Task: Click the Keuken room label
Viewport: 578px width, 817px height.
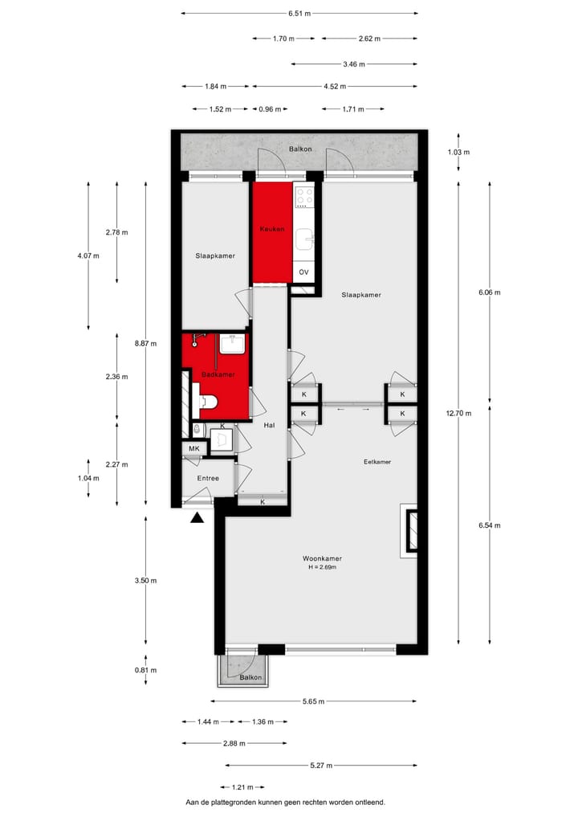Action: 272,230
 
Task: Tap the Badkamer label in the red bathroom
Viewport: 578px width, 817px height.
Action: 218,374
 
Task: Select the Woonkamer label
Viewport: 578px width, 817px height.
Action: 322,558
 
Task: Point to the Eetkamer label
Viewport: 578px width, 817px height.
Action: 377,462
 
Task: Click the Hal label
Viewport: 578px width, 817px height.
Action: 270,426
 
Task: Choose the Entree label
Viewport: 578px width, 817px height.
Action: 208,478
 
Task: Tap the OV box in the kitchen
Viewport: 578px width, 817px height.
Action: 303,272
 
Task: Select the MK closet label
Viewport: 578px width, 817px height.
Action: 193,448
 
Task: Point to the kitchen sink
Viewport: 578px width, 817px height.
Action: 304,239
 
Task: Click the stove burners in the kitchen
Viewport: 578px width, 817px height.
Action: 303,198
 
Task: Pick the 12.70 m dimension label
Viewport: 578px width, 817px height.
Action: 458,414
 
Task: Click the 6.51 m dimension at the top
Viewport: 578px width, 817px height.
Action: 299,14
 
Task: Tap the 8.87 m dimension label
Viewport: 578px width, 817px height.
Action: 145,344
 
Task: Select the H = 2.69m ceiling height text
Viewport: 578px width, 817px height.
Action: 322,568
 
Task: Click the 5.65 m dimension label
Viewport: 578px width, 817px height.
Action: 313,701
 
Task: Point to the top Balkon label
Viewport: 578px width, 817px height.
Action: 300,149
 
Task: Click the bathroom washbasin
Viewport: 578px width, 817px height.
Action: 233,344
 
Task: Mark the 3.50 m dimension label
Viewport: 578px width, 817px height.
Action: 145,580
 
